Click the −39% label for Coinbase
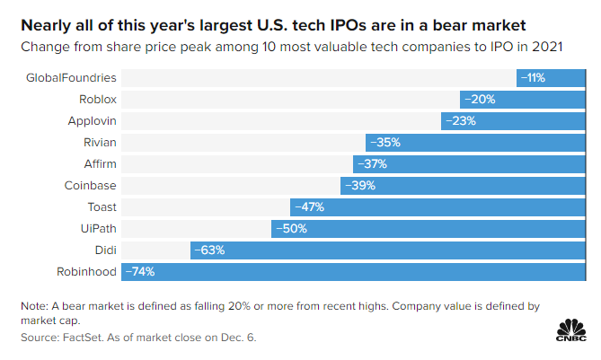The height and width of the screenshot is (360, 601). (358, 185)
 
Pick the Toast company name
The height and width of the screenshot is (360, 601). (101, 206)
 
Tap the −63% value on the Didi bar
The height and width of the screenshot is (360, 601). (208, 250)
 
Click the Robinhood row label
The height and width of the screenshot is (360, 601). (86, 270)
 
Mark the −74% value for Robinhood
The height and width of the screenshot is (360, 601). (140, 271)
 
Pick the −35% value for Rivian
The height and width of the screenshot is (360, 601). (384, 142)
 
